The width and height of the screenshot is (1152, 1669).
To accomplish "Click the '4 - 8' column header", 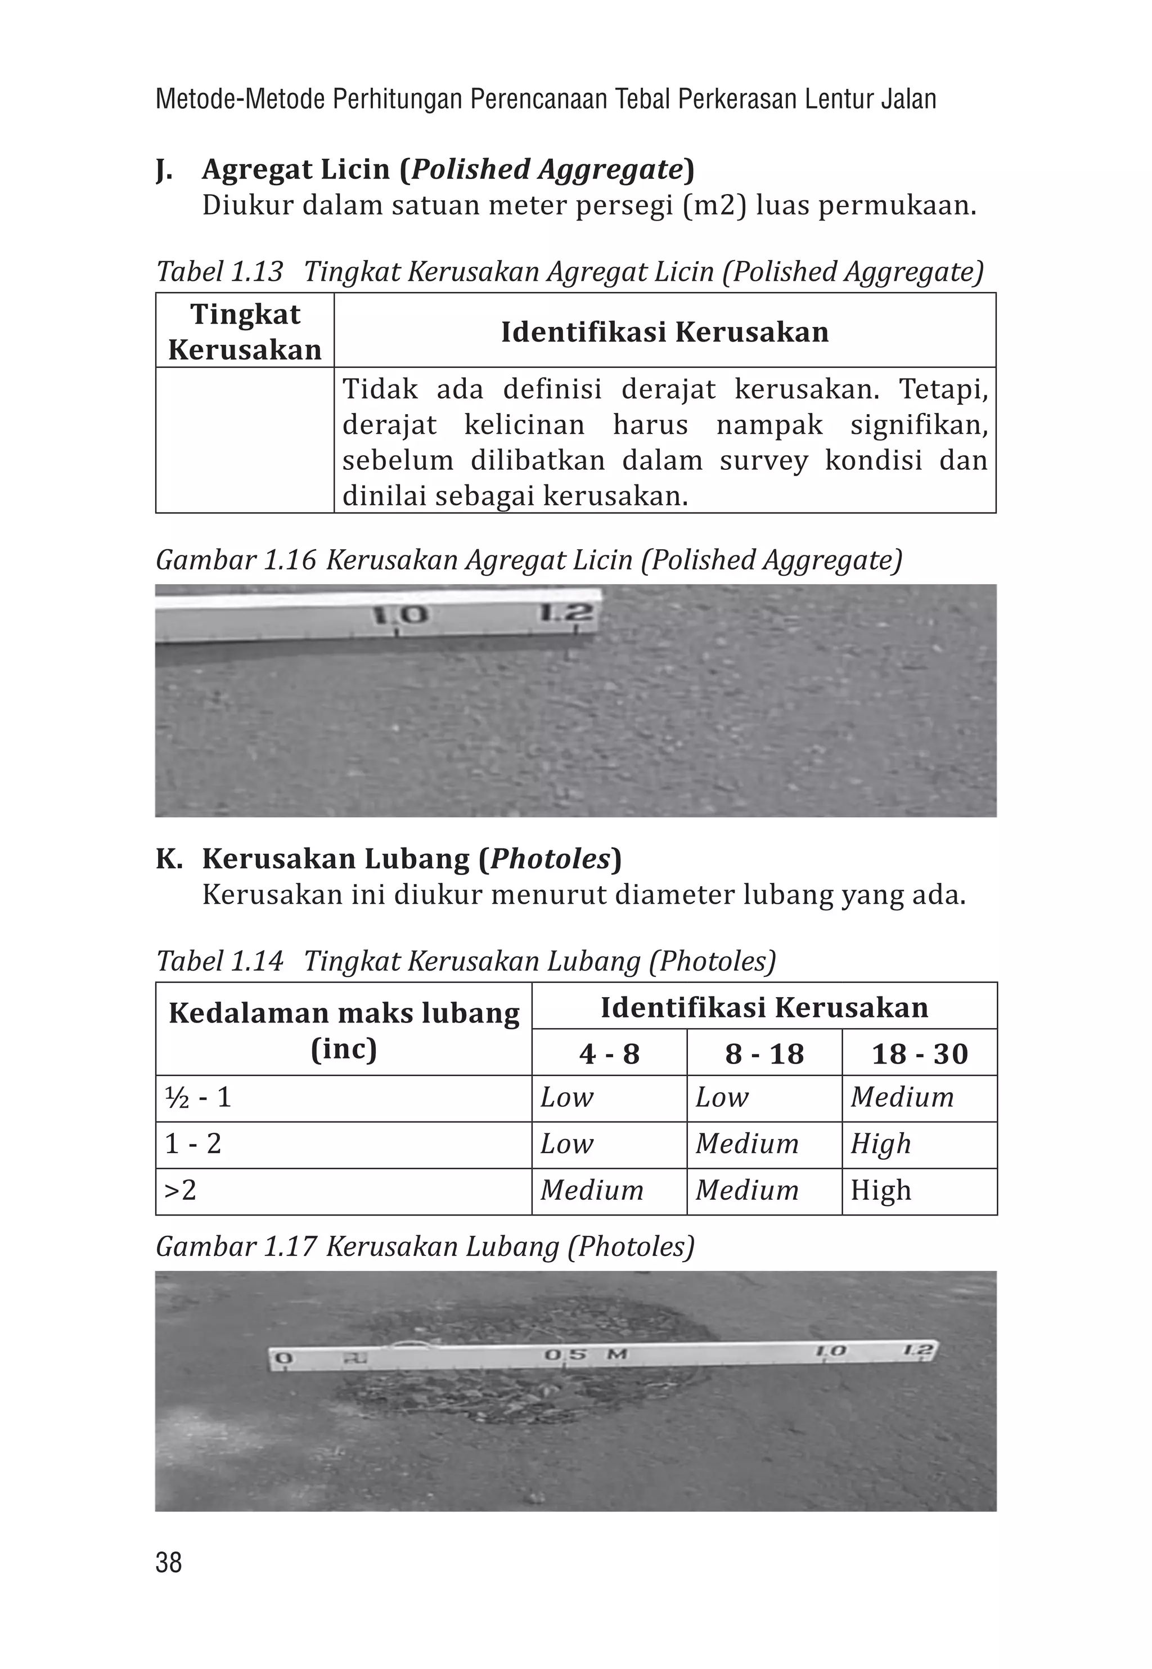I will (609, 1053).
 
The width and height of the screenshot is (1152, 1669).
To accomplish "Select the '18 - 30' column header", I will (919, 1053).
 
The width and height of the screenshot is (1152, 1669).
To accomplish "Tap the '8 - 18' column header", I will (764, 1053).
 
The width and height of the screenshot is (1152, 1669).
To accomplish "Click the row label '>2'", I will (181, 1190).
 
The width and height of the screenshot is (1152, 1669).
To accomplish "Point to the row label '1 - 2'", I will (193, 1144).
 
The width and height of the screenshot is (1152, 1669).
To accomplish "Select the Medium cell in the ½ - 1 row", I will (902, 1098).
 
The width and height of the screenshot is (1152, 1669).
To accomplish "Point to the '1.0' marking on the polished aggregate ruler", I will (400, 615).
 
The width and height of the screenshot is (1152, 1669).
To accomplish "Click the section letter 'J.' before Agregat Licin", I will (165, 169).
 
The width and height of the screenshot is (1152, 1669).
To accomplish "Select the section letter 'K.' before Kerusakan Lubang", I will (169, 859).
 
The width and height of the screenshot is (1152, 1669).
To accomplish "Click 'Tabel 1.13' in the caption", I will (219, 272).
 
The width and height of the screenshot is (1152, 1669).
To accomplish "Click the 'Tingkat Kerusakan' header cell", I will (245, 331).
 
